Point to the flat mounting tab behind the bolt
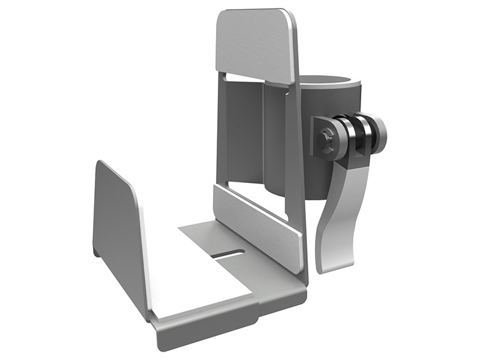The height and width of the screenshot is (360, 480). point(318,132)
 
